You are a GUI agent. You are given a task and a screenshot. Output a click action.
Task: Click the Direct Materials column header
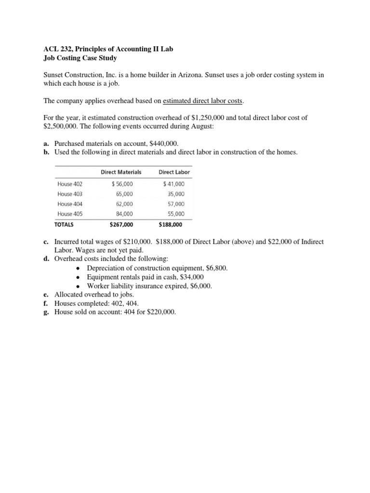click(x=121, y=172)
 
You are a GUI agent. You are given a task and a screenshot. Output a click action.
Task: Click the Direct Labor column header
click(x=174, y=172)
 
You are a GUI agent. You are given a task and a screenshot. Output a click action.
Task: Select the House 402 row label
click(x=70, y=183)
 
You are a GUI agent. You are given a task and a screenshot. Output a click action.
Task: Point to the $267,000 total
click(x=122, y=224)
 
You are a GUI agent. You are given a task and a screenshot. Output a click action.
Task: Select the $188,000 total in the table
click(x=171, y=224)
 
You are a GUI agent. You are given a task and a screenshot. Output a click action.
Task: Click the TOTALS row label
click(x=67, y=224)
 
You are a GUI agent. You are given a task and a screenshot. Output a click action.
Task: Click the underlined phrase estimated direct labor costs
click(x=203, y=101)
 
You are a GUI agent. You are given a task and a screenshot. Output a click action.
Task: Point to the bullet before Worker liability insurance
click(x=79, y=286)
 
